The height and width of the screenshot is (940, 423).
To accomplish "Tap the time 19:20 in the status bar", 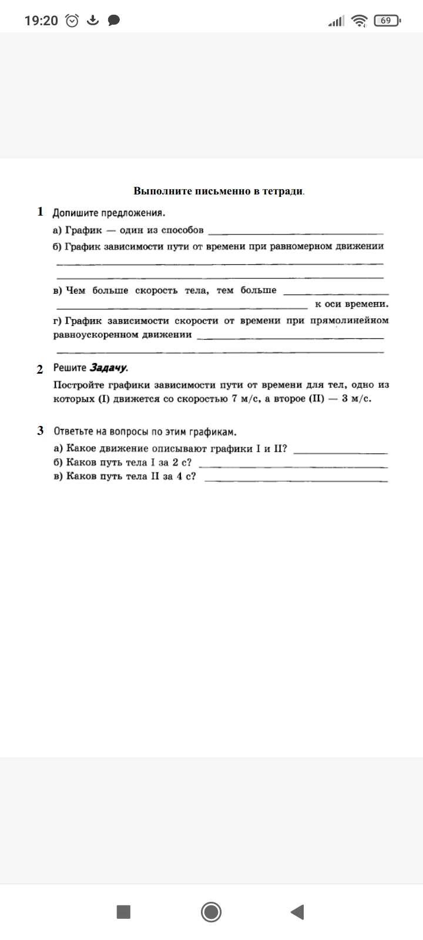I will click(x=41, y=21).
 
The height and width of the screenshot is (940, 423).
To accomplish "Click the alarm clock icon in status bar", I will click(x=72, y=21).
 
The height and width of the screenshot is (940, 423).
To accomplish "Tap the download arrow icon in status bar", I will click(x=93, y=21).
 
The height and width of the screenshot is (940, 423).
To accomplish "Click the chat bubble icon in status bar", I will click(x=114, y=21).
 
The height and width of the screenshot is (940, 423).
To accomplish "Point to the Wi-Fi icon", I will click(x=359, y=21).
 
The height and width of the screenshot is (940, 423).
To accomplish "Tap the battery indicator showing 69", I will click(x=386, y=21).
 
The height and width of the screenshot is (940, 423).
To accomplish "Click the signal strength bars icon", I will click(x=336, y=22).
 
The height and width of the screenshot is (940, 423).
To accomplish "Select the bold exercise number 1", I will click(x=41, y=211).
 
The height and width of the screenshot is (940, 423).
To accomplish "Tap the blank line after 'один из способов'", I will click(x=296, y=233).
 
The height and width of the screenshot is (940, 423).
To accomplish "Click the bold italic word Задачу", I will click(x=108, y=368).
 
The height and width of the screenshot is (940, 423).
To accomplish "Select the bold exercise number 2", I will click(x=40, y=369).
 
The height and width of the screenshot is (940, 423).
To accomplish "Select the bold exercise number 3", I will click(x=41, y=431).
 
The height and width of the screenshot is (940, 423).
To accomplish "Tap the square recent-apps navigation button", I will click(x=123, y=912).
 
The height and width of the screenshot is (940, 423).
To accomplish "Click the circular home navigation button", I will click(x=211, y=912).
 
